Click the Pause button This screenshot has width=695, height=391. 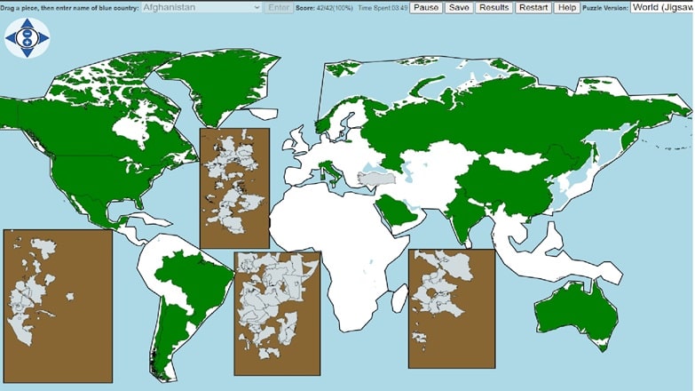426,7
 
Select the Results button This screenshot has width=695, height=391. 494,7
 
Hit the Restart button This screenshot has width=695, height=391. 533,7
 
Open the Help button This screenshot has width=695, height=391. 566,7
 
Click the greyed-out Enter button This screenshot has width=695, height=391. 279,7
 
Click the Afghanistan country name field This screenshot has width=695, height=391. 201,7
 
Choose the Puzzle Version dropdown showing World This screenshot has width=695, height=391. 661,7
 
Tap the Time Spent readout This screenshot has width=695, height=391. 383,7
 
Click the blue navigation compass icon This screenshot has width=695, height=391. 28,38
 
